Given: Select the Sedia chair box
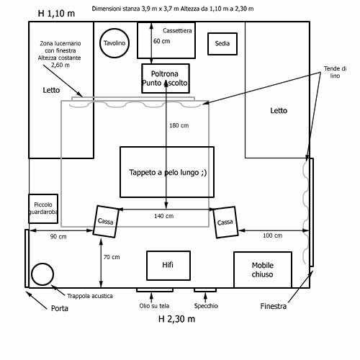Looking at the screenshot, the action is point(222,44).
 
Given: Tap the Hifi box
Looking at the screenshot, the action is point(168,266).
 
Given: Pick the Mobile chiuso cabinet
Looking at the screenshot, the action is point(263,270).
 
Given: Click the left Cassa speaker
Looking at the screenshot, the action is point(106,222).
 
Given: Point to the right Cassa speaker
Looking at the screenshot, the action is point(225,222).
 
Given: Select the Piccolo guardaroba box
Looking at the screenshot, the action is point(43,209).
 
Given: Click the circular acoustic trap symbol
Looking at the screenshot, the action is point(42,274).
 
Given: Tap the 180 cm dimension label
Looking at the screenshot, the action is point(179,125).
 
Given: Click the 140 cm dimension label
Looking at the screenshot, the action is point(163,216).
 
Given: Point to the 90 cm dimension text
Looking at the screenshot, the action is point(58,237).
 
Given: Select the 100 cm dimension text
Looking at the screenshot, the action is point(272,235).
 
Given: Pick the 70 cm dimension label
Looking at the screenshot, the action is point(112,257).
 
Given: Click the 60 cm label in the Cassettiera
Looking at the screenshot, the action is point(161,41).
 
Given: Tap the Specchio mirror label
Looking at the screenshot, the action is point(206,306).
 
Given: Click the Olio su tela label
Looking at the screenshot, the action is point(154,306).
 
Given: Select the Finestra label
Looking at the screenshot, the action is point(274,306).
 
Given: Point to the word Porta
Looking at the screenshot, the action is point(60,308).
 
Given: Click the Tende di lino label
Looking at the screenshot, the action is point(335,72).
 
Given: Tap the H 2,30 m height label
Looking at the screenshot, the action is point(176,319).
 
